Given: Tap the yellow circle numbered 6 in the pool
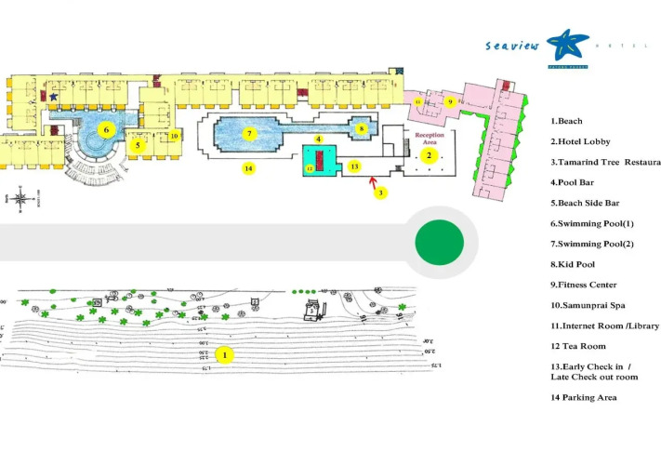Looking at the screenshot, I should (x=107, y=129).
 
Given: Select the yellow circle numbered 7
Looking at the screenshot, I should (x=249, y=133).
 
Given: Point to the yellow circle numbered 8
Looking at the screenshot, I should (x=361, y=128).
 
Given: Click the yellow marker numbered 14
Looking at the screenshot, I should (x=247, y=168).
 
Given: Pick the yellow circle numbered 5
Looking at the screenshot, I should (x=139, y=145).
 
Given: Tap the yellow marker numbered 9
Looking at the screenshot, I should (x=449, y=101).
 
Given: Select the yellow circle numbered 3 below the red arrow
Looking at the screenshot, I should (x=379, y=193).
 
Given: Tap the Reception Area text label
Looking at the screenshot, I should (x=430, y=139).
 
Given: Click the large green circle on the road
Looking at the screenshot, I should (x=438, y=242).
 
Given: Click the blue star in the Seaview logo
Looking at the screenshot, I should (x=562, y=45).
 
